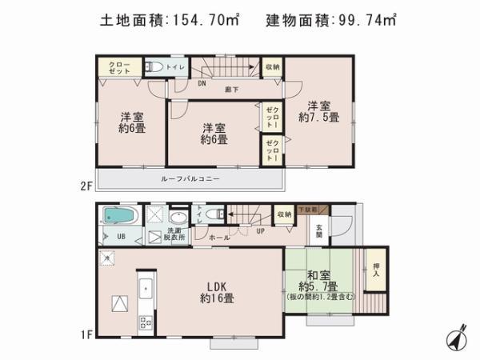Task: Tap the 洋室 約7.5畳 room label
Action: [314, 110]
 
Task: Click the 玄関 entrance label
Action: [319, 230]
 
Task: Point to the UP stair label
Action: [260, 231]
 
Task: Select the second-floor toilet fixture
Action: [158, 68]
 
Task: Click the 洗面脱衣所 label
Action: [174, 234]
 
